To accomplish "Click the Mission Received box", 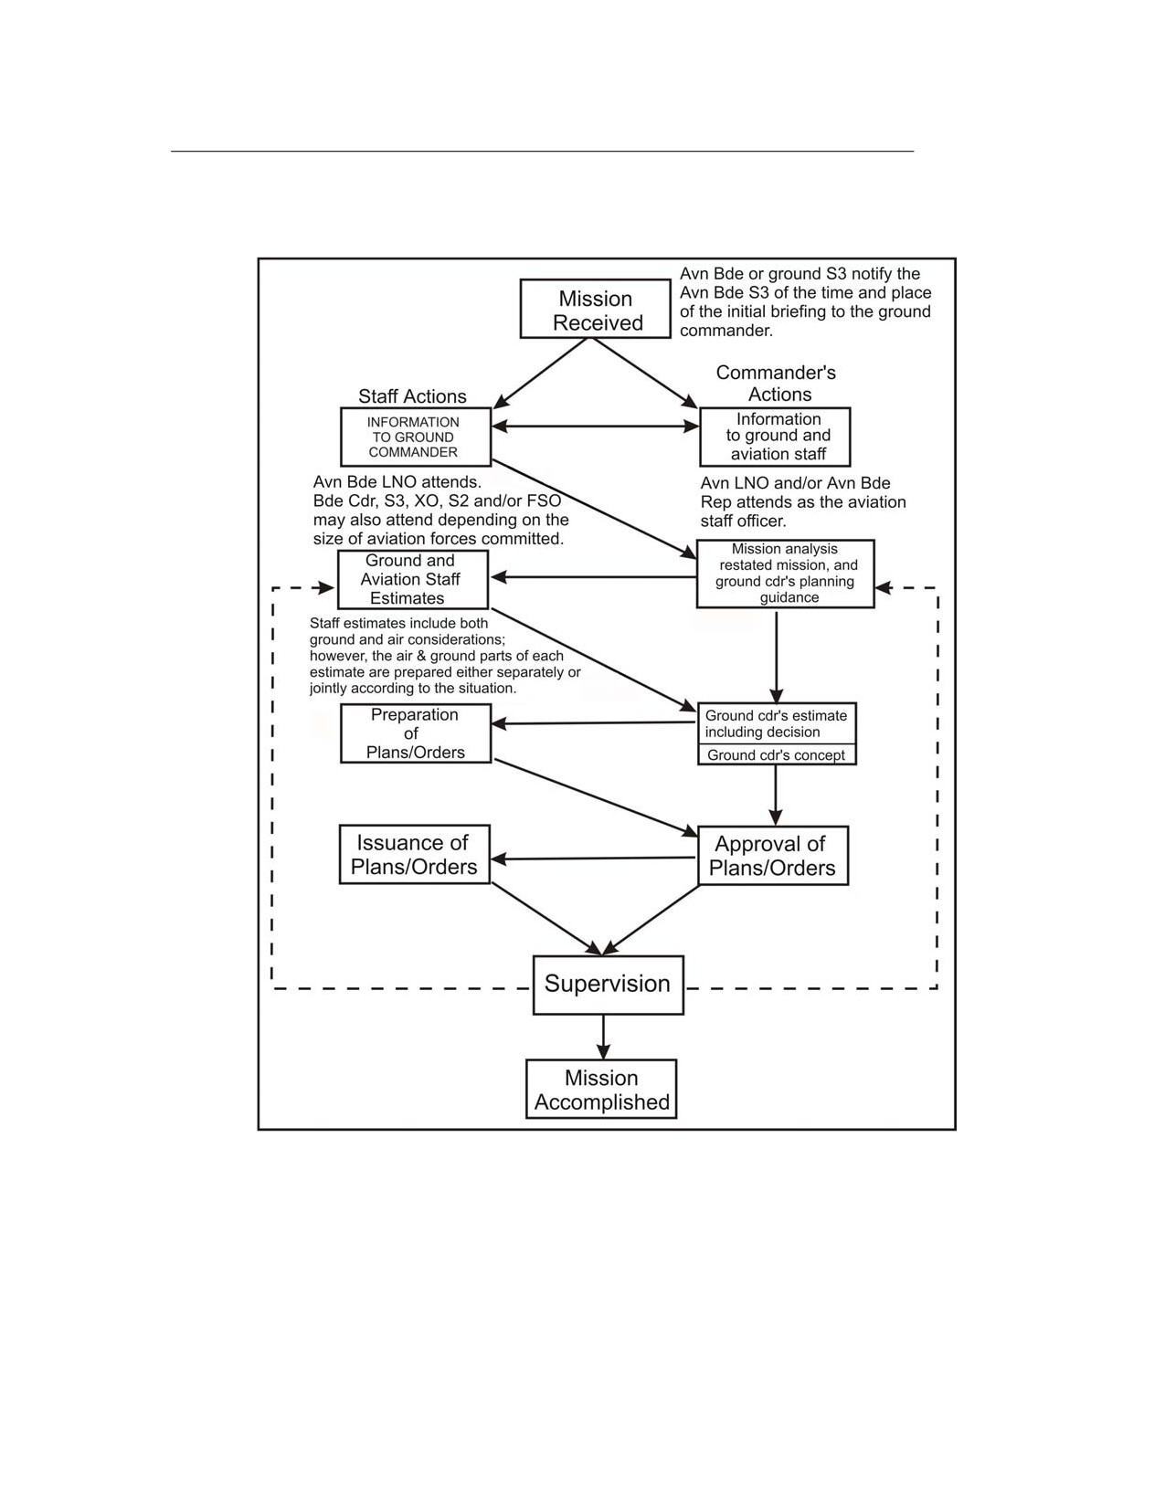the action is (595, 309).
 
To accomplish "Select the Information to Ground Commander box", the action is (415, 437).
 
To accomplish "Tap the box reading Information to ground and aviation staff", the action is (774, 437).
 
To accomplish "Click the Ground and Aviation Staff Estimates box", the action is (413, 579).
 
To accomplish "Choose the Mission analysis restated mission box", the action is (785, 574).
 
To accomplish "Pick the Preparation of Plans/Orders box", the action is (415, 733).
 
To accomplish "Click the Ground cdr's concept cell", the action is (777, 754).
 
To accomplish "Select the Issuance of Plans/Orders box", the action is (414, 854).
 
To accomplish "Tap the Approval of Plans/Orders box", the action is (772, 855).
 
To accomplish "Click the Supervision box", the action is (608, 985).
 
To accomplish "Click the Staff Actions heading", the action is (412, 396).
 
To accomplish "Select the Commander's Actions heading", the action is (777, 383).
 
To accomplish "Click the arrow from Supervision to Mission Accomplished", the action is (603, 1037).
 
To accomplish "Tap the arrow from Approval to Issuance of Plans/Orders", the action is (593, 859).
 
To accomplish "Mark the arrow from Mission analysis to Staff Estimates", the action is (593, 576).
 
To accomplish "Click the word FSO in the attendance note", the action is (544, 500).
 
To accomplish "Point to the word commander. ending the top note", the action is (725, 330).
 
